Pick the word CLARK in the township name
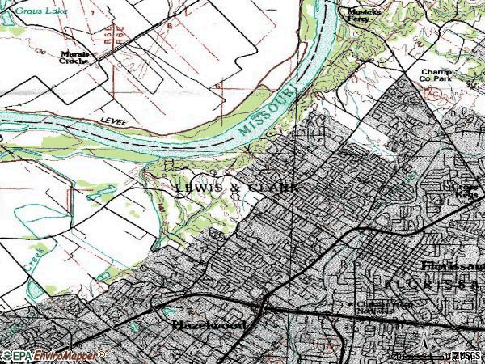click(274, 188)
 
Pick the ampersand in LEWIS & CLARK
click(234, 188)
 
